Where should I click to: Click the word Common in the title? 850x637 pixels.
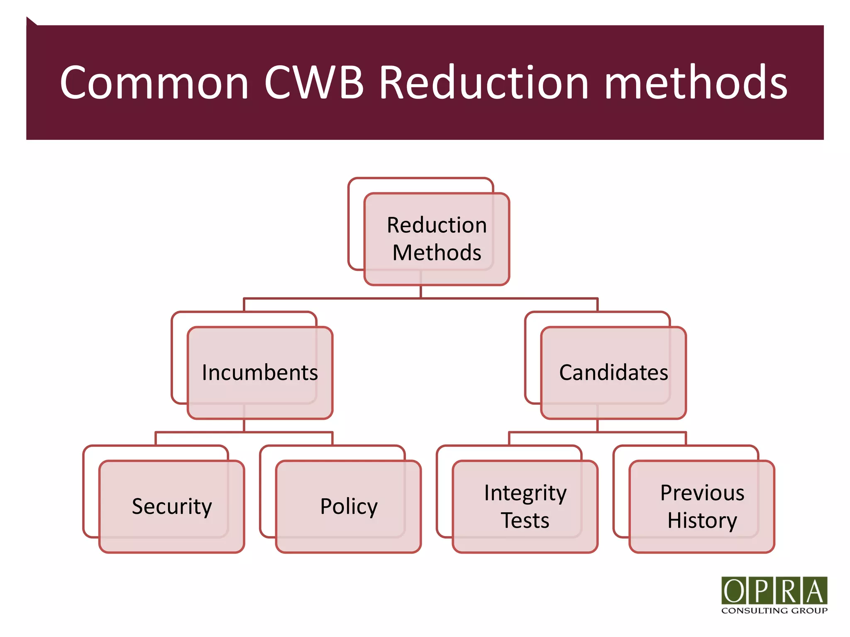pos(154,83)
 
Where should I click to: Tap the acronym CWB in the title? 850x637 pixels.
pos(314,83)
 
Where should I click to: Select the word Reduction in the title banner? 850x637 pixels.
pos(484,83)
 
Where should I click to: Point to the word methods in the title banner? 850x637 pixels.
pos(696,83)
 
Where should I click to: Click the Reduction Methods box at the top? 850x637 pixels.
pos(437,239)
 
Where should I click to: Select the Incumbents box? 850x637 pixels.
pos(260,372)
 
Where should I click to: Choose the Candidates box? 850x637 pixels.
pos(613,372)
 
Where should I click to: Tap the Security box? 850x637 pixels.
pos(172,506)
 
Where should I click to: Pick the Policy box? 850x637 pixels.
pos(349,506)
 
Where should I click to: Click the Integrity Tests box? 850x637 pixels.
pos(525,506)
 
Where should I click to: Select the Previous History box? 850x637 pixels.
pos(702,506)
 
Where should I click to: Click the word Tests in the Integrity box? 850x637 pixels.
pos(525,520)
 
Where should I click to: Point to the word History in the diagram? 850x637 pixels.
pos(702,520)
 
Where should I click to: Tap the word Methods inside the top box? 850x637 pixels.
pos(437,253)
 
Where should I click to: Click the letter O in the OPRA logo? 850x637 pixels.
pos(734,591)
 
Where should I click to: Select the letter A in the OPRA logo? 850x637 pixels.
pos(815,591)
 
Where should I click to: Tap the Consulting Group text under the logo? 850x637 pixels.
pos(774,610)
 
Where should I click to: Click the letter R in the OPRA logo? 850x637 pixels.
pos(788,591)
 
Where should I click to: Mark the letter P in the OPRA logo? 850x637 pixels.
pos(761,591)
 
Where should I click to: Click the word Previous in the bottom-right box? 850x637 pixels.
pos(702,493)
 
